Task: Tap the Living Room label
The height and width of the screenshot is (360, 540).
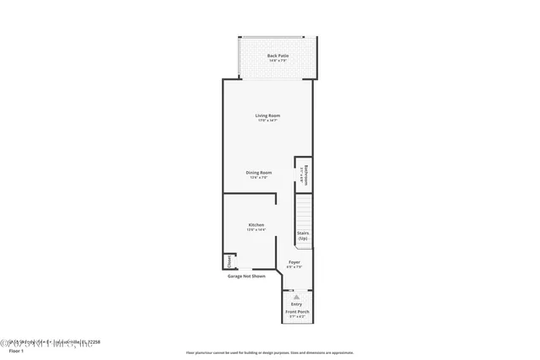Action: point(267,116)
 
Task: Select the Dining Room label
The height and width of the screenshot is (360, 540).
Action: point(258,172)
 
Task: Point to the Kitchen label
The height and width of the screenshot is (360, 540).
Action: point(256,225)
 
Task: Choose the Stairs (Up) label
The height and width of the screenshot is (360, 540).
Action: point(302,237)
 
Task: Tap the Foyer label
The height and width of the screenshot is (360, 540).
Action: point(294,262)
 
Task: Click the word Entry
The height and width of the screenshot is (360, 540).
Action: point(296,304)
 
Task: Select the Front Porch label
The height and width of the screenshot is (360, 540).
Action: point(296,311)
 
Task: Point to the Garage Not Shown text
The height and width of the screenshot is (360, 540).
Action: point(246,276)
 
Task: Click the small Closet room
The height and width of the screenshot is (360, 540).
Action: point(229,261)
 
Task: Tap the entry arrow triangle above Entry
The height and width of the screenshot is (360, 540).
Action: point(296,297)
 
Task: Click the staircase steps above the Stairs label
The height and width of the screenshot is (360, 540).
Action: point(302,208)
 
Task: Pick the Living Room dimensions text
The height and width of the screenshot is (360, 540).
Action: point(267,121)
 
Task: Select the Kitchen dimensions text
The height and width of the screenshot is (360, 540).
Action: point(256,230)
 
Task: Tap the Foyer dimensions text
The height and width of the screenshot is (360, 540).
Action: point(294,267)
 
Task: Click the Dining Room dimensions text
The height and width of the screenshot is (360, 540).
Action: point(258,177)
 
